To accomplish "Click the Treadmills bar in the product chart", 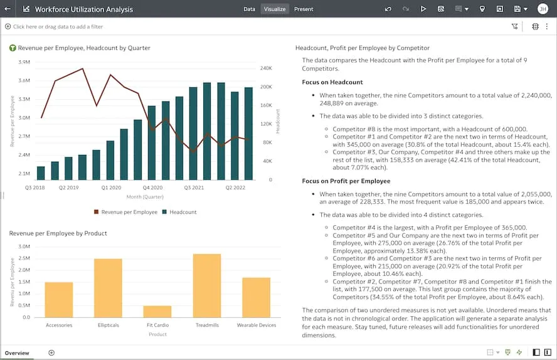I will pos(207,285).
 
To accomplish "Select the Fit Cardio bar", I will pos(157,311).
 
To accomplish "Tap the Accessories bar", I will pos(59,300).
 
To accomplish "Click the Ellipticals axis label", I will pos(109,326).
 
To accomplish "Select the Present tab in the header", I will pos(304,9).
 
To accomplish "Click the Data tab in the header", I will pos(249,9).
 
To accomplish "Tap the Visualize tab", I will pos(275,9).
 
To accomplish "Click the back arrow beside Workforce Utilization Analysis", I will pos(8,9).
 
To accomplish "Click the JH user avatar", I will pos(543,9).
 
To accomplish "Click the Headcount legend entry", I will pos(183,212).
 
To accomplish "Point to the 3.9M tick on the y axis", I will pos(24,62).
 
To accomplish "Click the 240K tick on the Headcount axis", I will pos(265,68).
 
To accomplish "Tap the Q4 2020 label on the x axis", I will pos(152,188).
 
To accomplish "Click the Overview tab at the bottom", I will pos(17,353).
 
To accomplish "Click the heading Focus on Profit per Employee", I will pos(346,181).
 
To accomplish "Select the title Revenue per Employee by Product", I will pos(58,233).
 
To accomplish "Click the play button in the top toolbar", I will pos(423,9).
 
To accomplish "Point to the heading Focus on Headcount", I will pos(332,82).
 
